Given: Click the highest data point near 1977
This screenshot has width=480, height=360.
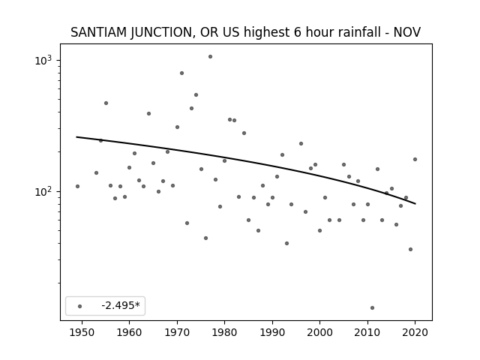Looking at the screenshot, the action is [210, 57].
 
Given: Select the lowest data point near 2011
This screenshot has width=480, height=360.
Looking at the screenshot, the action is [372, 308].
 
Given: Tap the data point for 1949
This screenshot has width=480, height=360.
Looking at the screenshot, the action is [77, 187].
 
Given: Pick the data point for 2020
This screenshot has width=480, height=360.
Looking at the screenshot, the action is [415, 160].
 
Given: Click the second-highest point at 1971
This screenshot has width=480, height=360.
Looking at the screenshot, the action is [181, 73].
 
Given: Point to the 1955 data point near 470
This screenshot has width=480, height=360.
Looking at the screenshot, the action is [106, 103].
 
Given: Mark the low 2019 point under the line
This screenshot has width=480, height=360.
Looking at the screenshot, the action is [410, 250].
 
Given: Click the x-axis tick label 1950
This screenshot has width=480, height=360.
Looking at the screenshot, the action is [82, 332].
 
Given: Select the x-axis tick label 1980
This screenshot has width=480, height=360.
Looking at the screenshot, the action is [224, 332].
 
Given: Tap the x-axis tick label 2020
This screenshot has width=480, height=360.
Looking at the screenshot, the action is [415, 332].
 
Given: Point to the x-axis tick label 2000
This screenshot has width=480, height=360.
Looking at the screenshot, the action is [320, 332].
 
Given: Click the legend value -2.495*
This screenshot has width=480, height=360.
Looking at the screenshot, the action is [121, 305].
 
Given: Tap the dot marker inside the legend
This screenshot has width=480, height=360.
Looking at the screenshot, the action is [80, 307].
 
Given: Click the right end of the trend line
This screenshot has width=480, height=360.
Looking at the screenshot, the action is [415, 203].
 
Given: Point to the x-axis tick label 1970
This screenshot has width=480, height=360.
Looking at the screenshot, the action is [177, 332].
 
